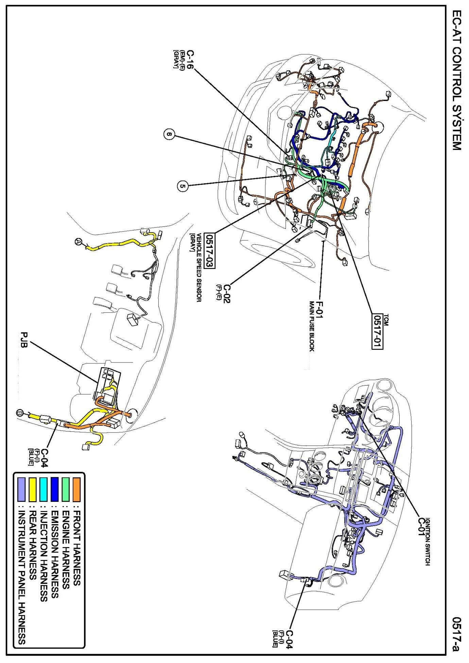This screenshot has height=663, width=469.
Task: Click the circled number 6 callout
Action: coord(170,135)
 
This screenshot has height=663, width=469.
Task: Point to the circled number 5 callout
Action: coord(183,186)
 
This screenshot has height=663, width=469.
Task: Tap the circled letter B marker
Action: coord(19,413)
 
